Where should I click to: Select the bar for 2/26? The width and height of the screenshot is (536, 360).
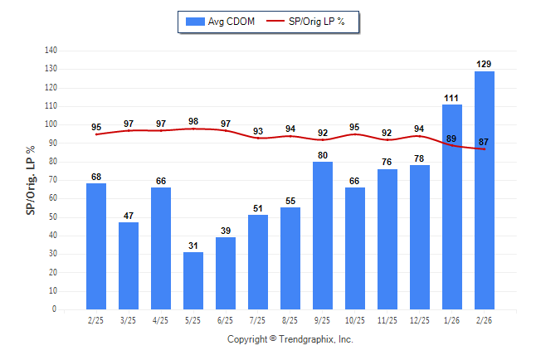(x=485, y=191)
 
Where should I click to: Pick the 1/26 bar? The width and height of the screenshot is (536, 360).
(x=452, y=207)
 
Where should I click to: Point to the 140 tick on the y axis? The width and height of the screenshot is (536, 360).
(x=51, y=51)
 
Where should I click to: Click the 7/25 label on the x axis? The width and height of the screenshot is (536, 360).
(x=258, y=319)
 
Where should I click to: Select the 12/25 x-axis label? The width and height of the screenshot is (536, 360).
(x=420, y=319)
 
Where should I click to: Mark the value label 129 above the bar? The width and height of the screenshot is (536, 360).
(x=485, y=64)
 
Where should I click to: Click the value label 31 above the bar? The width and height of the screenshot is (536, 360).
(x=193, y=246)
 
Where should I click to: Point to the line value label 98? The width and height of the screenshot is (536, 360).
(x=193, y=121)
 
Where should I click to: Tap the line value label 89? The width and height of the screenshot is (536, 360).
(x=452, y=139)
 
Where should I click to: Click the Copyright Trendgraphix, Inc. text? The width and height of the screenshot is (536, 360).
(x=290, y=339)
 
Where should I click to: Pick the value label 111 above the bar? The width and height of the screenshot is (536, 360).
(x=452, y=98)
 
